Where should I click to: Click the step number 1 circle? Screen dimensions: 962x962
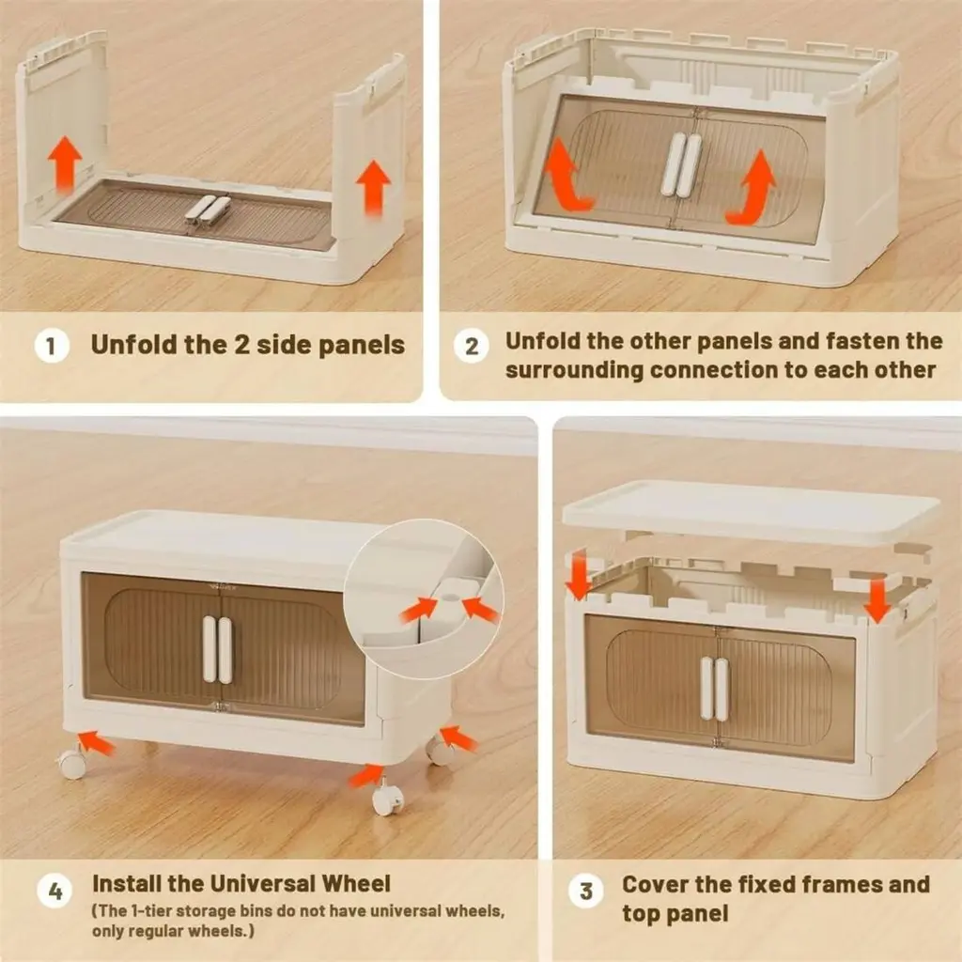pos(52,346)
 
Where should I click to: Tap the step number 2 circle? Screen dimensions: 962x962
pos(472,346)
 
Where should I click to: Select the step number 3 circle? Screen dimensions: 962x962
pos(586,891)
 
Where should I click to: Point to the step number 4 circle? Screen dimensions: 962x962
pos(54,891)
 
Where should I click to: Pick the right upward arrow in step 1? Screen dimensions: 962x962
pos(373,187)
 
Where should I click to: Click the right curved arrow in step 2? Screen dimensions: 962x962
pos(753,188)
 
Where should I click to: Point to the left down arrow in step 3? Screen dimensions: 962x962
pos(578,574)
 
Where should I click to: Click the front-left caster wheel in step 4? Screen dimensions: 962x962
pos(71,762)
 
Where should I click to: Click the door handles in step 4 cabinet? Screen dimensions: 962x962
pos(217,650)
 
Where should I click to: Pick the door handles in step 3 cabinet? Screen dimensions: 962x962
pos(714,688)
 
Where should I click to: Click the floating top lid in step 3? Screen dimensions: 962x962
pos(751,512)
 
